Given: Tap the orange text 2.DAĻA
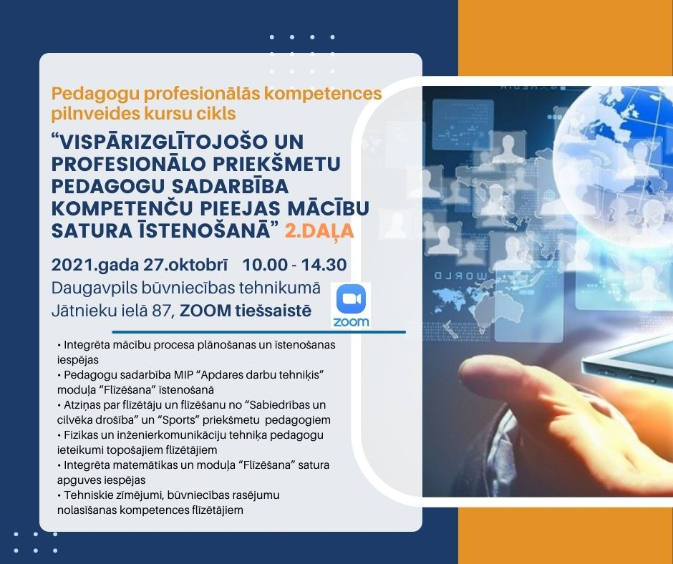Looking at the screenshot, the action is [319, 231].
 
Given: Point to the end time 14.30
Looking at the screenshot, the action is [324, 265].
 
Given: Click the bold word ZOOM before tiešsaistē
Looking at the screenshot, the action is [205, 311].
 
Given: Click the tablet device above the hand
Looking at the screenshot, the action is [627, 361].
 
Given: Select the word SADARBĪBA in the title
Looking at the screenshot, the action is [230, 186].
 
